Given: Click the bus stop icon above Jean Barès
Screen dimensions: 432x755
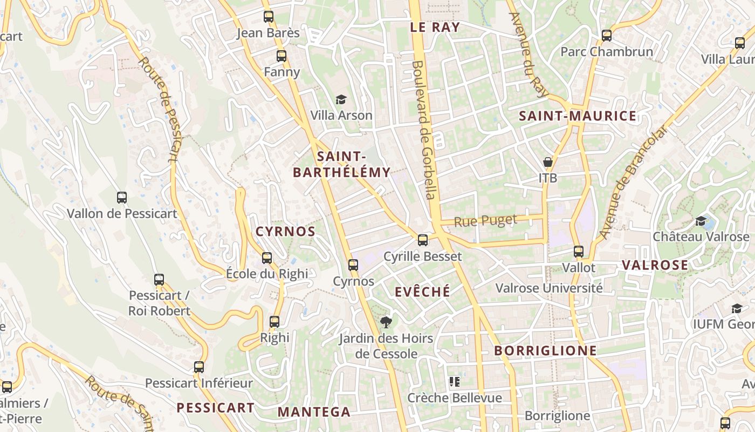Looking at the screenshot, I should point(269,17).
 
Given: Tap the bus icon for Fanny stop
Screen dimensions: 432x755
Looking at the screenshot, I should point(281,56).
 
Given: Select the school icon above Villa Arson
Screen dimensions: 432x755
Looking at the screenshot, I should point(341,99).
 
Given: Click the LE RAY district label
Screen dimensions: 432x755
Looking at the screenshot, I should point(435,28).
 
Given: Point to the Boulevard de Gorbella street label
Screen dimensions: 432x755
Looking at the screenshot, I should point(424,130).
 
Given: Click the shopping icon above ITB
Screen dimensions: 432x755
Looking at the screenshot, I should point(548,162).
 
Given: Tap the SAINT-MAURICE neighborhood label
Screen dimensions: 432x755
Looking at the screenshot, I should point(578,116).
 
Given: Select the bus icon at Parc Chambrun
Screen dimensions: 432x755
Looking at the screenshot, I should point(607,36).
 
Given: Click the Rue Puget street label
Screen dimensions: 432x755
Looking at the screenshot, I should point(485,221).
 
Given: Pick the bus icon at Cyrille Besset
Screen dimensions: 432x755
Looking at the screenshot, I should point(423,240).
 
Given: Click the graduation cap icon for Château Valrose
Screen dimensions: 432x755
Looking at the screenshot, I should point(701,221).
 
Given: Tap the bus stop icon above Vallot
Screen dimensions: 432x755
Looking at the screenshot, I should point(579,251).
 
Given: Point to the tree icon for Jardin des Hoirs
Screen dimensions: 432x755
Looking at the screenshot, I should point(386,322).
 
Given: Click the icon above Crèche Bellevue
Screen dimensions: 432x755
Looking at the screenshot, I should point(455,382).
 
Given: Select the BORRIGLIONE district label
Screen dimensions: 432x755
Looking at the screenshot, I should point(546,351).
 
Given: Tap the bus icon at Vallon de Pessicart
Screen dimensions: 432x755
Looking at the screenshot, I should point(122,198).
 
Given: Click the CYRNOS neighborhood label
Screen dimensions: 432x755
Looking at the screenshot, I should point(285,232).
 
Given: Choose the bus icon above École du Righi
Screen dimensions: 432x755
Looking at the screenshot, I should point(267,258).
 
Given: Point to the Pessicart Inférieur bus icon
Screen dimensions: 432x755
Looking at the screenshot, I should point(199,367).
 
